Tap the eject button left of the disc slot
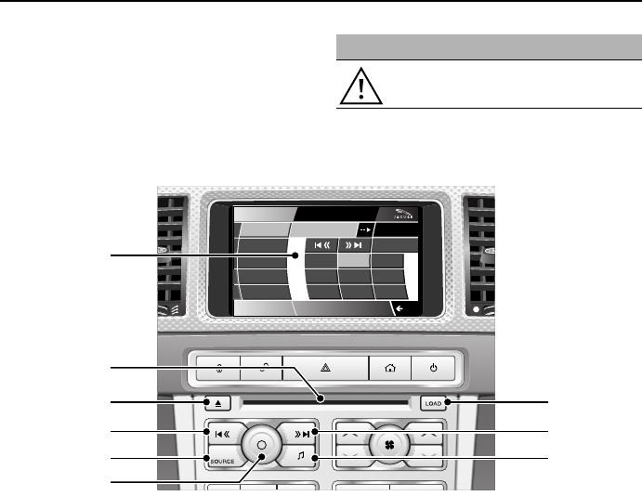[x=216, y=403]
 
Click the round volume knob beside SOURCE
[x=263, y=445]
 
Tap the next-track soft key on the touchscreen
[x=353, y=246]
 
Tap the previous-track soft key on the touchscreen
[x=318, y=246]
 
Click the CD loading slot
[x=325, y=403]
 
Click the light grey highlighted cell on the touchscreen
[x=353, y=262]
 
